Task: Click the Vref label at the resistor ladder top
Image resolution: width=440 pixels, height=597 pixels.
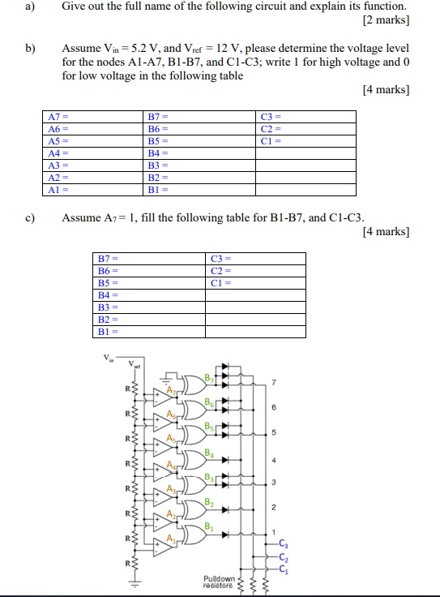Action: [131, 364]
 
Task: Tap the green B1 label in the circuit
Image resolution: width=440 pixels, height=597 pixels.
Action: [208, 526]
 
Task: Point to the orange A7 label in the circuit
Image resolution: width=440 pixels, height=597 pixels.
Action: [170, 390]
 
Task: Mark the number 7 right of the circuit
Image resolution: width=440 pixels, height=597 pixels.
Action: [274, 383]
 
